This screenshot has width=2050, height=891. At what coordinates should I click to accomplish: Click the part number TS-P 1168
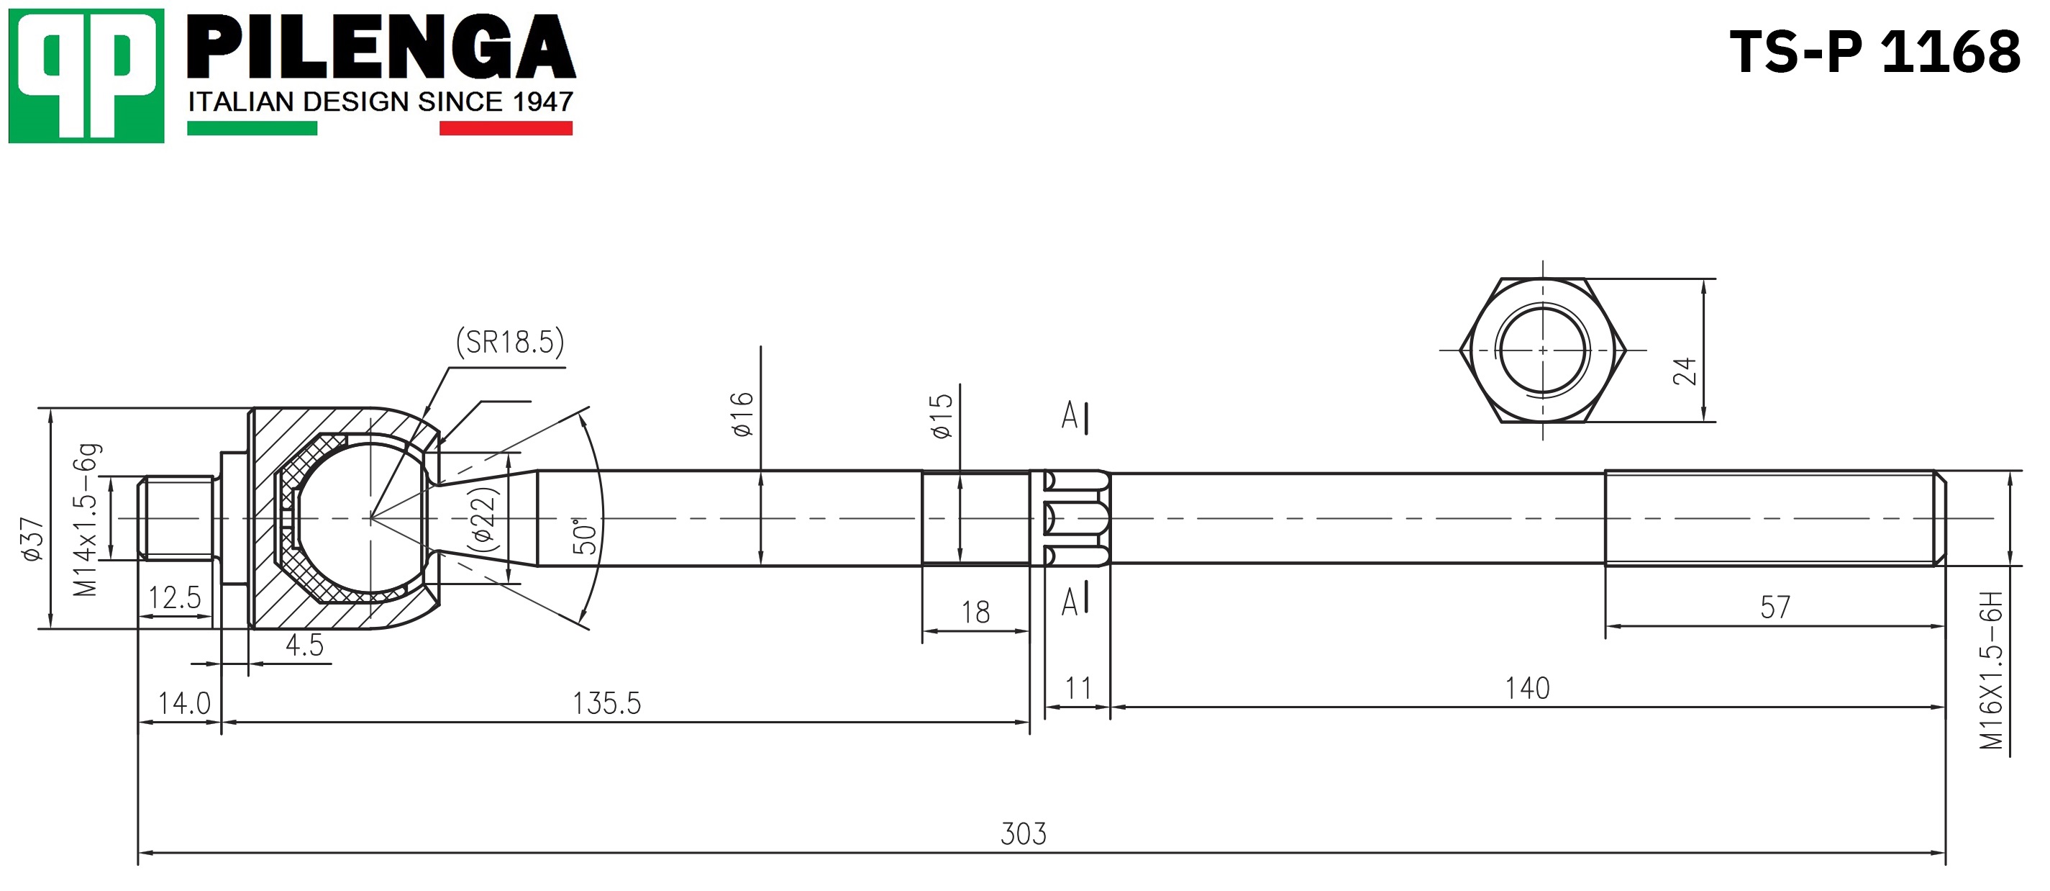point(1874,52)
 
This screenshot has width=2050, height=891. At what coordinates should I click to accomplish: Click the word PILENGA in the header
point(381,47)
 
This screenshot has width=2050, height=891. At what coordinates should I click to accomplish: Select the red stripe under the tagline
point(506,128)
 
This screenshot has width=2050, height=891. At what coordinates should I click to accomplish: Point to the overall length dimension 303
point(1024,833)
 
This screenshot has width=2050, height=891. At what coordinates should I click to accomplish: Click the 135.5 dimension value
point(606,703)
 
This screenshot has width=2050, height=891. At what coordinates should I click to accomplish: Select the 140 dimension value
point(1527,688)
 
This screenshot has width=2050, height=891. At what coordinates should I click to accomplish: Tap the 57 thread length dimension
point(1775,607)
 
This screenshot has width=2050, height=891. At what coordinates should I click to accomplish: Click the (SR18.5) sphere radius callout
point(510,343)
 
